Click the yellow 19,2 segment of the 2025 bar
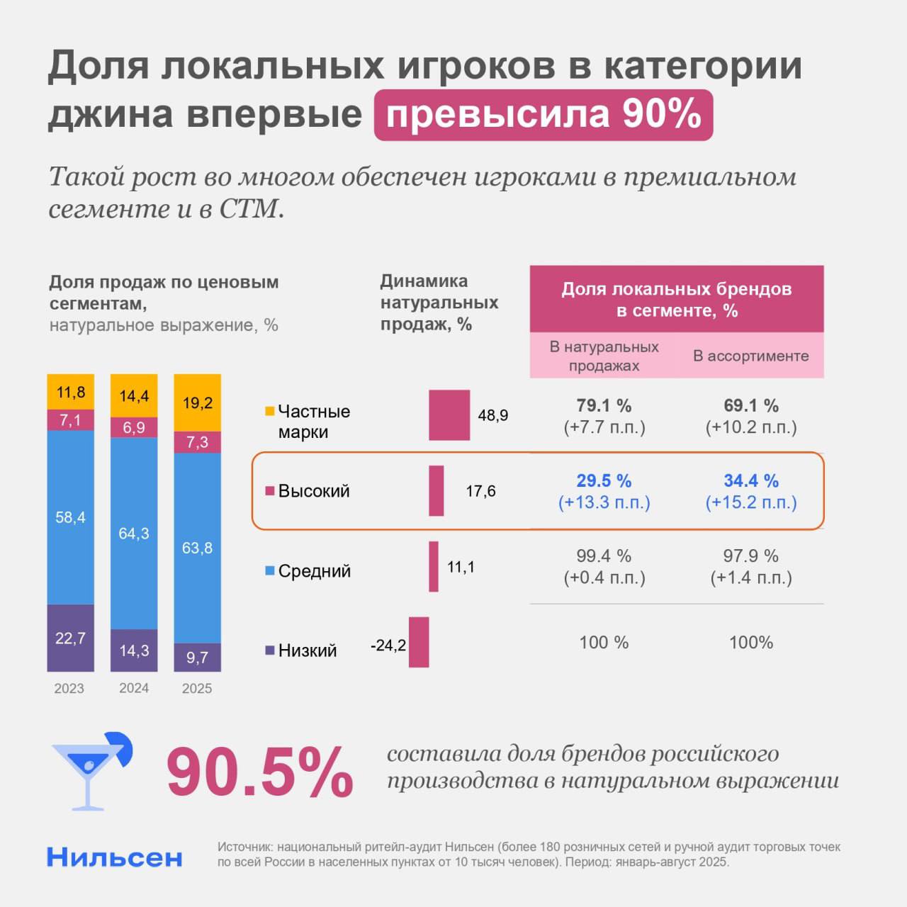point(197,403)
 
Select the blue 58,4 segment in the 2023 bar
point(70,517)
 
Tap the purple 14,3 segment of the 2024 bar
point(134,650)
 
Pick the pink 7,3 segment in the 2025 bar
point(197,442)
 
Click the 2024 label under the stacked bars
point(134,688)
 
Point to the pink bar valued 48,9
point(449,415)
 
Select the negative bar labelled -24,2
point(419,642)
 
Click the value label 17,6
point(480,491)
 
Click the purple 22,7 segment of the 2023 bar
point(70,638)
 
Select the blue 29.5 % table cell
point(604,491)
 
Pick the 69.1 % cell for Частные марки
point(751,416)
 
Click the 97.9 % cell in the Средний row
point(751,566)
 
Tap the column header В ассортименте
point(750,356)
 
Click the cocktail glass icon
point(90,771)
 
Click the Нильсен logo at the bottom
point(115,857)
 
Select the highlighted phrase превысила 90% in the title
point(543,115)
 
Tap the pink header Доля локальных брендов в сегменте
point(677,299)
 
